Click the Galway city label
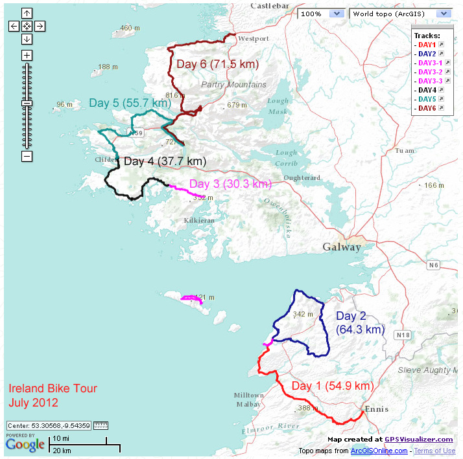(x=342, y=247)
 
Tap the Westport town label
(x=253, y=39)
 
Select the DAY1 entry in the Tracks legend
(x=427, y=45)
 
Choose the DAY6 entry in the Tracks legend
(x=427, y=108)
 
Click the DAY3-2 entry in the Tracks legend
(x=430, y=72)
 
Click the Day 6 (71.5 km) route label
(x=217, y=64)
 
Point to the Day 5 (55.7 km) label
(x=130, y=103)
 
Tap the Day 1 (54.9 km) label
(x=332, y=386)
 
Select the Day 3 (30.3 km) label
(x=230, y=184)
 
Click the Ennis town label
(x=375, y=409)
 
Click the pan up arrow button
(x=27, y=13)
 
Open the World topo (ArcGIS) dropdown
(x=400, y=14)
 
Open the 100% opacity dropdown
(x=321, y=14)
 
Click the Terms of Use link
(x=434, y=451)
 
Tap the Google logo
(x=25, y=445)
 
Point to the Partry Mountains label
(x=233, y=85)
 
